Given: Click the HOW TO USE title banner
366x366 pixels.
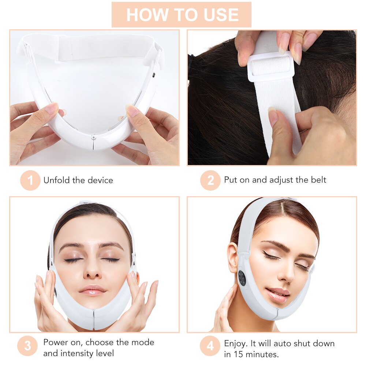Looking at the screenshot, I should point(182,15).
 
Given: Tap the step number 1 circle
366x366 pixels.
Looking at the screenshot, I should point(30,180).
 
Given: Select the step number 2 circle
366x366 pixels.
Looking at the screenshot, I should point(210,180).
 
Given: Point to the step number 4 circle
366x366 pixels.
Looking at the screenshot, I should point(210,346).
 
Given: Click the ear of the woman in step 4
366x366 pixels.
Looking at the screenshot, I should point(233,256).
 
